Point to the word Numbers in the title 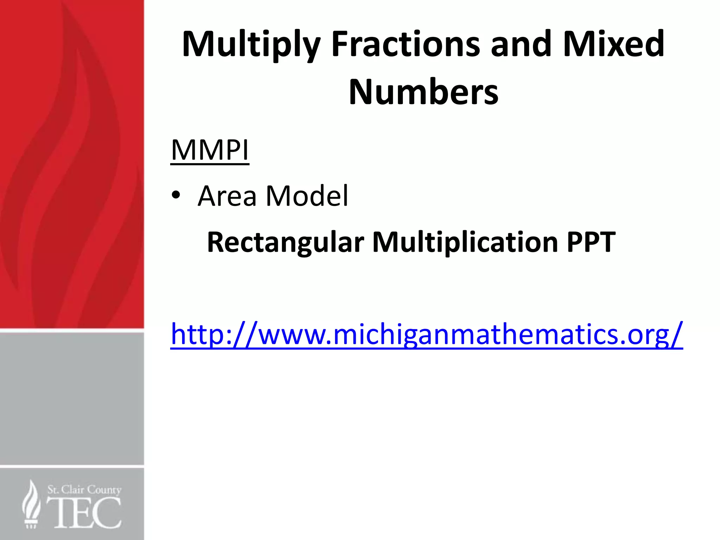[423, 92]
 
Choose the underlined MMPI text [210, 150]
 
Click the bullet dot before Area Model [176, 195]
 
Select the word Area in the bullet [227, 196]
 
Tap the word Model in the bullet [307, 196]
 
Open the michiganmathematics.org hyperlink [426, 334]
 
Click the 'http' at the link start [197, 334]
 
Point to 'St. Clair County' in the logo [84, 489]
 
